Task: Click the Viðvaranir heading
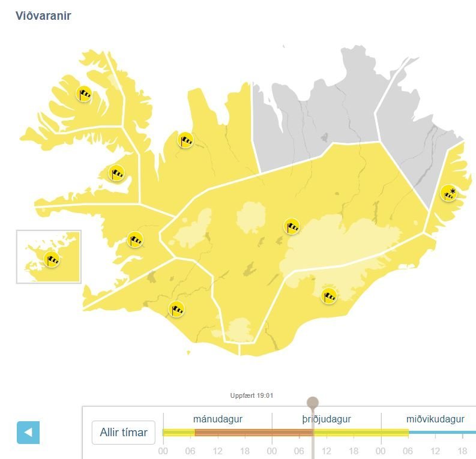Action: click(x=43, y=16)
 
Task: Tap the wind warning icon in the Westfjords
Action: click(x=84, y=94)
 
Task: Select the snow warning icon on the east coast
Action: click(x=448, y=193)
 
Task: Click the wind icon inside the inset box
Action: click(x=52, y=259)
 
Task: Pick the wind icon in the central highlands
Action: click(x=292, y=226)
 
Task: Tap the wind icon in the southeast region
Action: click(x=328, y=295)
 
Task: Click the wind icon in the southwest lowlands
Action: click(x=176, y=309)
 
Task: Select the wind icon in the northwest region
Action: click(x=185, y=140)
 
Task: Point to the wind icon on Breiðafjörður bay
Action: click(x=116, y=173)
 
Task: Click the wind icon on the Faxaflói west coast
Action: click(x=135, y=239)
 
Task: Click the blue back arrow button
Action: click(x=28, y=432)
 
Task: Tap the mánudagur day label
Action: click(x=217, y=419)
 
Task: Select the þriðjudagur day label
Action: click(x=327, y=419)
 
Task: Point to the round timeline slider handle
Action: click(x=313, y=403)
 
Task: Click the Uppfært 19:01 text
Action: click(x=252, y=395)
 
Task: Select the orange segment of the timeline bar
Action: click(x=253, y=432)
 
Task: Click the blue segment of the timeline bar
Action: click(x=442, y=432)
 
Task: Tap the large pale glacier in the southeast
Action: click(x=339, y=243)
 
